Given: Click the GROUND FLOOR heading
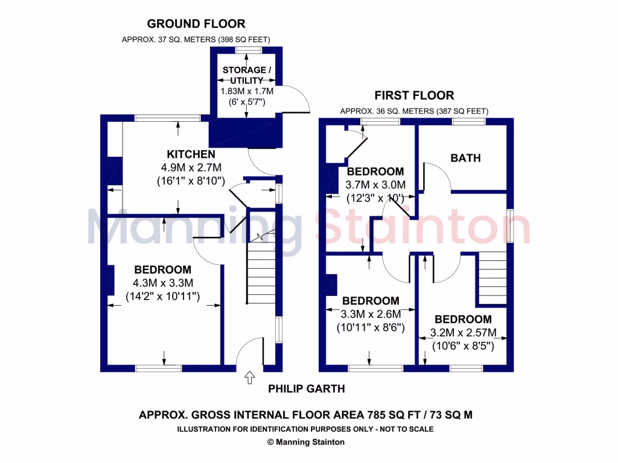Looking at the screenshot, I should (196, 24).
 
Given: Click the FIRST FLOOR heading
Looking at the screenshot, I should (414, 95).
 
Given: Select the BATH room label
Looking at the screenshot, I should (466, 158).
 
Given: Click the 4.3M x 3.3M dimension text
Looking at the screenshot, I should (162, 283).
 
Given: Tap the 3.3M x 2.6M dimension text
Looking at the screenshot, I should (371, 314).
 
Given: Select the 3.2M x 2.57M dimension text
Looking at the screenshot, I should (463, 333).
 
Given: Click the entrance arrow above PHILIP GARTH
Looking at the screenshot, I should (249, 378).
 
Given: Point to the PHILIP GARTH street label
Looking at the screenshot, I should (307, 389).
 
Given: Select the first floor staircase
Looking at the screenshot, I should (492, 277).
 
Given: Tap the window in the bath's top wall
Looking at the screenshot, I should (469, 121).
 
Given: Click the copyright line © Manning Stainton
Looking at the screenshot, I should (305, 442).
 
